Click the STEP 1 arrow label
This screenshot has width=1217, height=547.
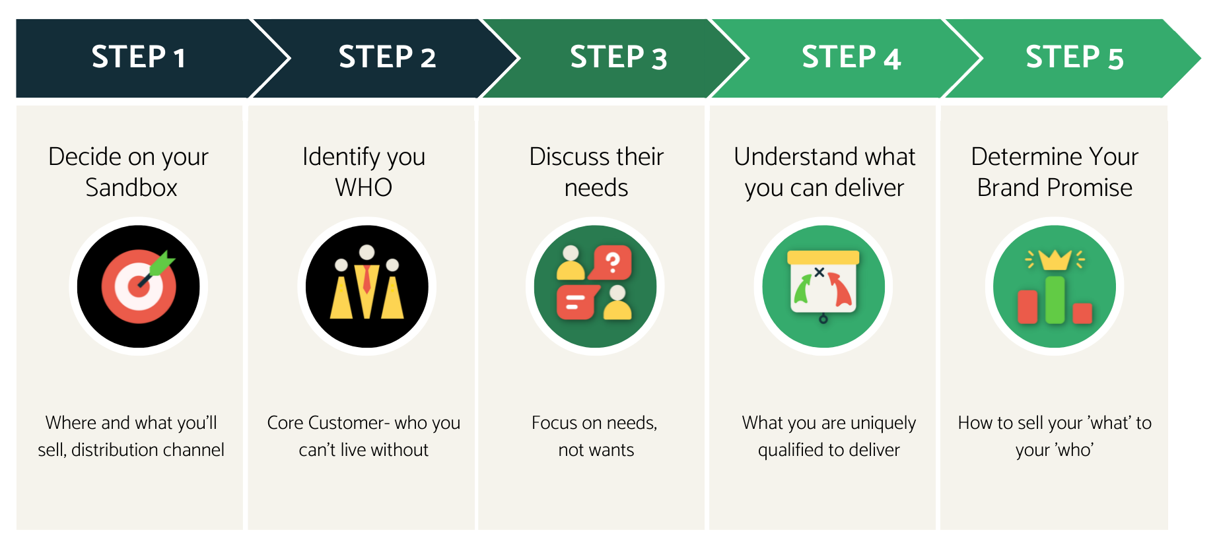[x=139, y=57]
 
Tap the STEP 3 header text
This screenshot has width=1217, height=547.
[x=619, y=57]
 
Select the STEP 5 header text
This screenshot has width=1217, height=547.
[x=1074, y=57]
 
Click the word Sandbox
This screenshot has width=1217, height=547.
[x=131, y=188]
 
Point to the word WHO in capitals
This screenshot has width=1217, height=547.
[x=364, y=188]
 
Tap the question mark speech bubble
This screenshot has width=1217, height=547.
[x=613, y=263]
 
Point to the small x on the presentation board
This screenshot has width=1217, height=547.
[x=819, y=272]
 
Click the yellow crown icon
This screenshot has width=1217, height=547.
[x=1055, y=260]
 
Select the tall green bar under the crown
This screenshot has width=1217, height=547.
[x=1055, y=300]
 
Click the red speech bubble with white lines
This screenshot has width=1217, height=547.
[x=576, y=303]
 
